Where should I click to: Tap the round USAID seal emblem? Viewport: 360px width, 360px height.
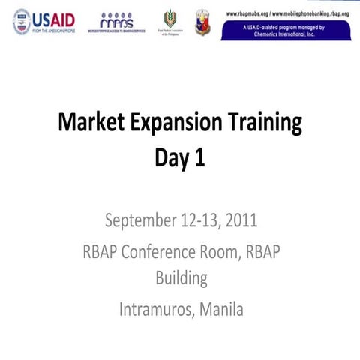pyautogui.click(x=22, y=21)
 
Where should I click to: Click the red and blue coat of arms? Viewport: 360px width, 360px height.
pyautogui.click(x=202, y=22)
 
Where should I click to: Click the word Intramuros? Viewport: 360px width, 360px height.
pyautogui.click(x=153, y=308)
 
